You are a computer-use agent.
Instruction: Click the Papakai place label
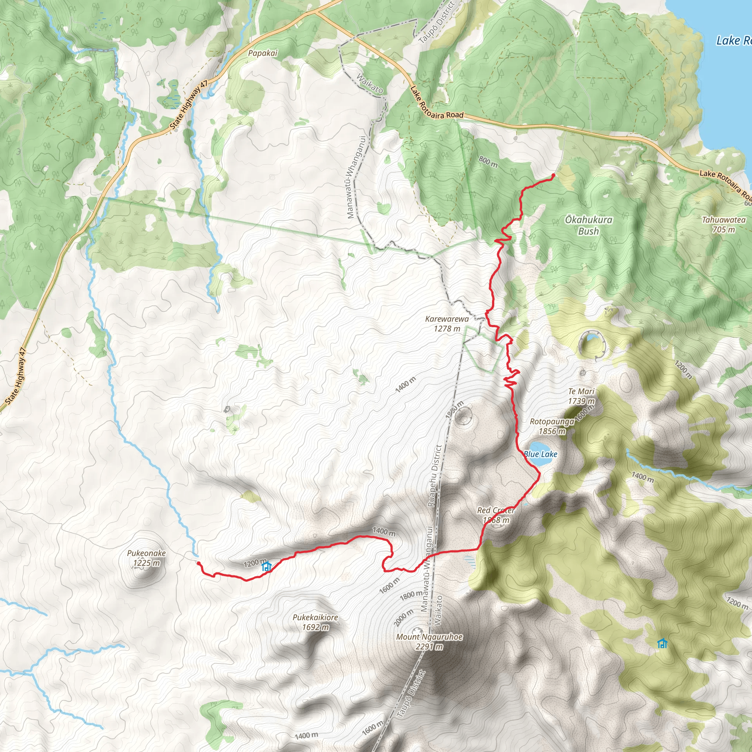pos(263,53)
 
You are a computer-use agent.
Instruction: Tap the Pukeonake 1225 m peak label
pos(147,558)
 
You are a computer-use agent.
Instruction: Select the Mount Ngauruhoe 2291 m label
pos(429,641)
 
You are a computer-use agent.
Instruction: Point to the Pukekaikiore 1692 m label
pos(315,622)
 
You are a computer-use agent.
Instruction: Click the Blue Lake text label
pos(541,454)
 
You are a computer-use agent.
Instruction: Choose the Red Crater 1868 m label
pos(496,515)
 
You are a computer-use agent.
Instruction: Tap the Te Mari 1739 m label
pos(582,396)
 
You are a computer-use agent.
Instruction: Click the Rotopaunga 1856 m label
pos(552,426)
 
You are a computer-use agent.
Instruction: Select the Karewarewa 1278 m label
pos(447,323)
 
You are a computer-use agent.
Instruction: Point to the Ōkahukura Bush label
pos(589,225)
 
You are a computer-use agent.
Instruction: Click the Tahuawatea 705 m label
pos(724,225)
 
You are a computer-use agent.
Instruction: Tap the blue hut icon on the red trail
pos(266,566)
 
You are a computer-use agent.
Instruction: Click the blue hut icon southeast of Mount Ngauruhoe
pos(662,643)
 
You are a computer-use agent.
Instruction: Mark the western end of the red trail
pos(199,563)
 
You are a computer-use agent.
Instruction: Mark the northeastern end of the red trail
pos(553,176)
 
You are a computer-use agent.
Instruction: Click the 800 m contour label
pos(488,162)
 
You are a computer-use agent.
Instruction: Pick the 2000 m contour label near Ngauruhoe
pos(403,618)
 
